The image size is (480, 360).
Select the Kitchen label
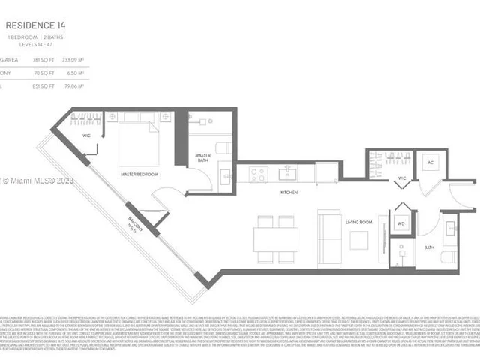289,193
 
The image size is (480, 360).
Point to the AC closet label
430,162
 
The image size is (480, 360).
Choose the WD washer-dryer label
402,222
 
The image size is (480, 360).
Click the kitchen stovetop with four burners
258,174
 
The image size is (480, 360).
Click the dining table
275,238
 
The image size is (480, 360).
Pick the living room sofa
329,238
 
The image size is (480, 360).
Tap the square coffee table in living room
358,240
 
